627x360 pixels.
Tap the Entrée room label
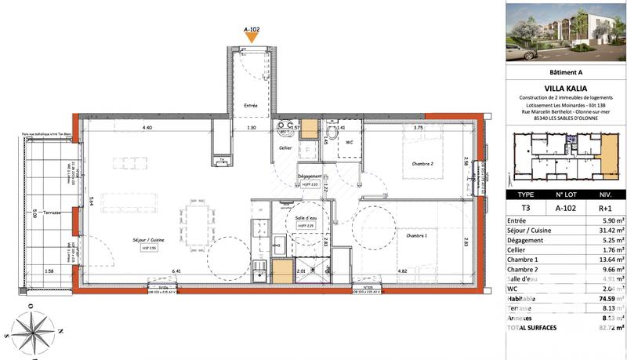tap(251, 105)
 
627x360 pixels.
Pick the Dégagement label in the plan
tap(311, 176)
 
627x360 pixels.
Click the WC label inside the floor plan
tap(350, 142)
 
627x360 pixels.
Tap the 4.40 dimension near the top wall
tap(147, 127)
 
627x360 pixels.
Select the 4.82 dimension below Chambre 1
tap(403, 271)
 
